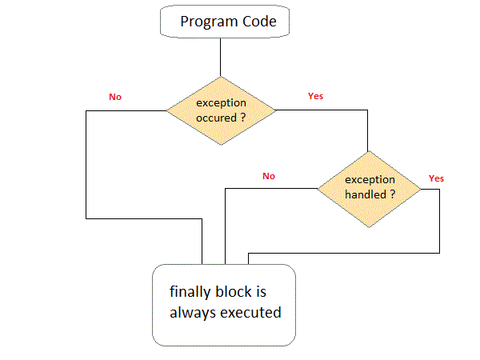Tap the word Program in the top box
[x=205, y=22]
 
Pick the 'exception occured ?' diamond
[x=220, y=110]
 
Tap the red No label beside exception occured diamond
[x=115, y=97]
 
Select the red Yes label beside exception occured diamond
[x=315, y=96]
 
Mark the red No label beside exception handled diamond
[x=268, y=175]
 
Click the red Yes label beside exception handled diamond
[x=436, y=178]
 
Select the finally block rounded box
[x=224, y=306]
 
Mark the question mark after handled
[x=394, y=194]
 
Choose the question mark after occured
[x=242, y=118]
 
